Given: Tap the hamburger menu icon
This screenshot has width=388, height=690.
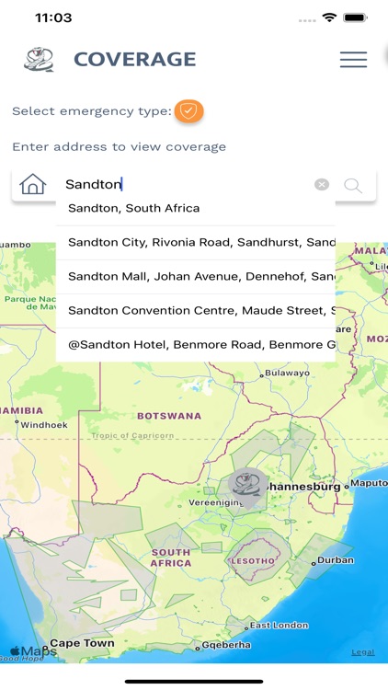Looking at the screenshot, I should [353, 60].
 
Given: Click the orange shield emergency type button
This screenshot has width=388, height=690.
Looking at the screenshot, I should [188, 111].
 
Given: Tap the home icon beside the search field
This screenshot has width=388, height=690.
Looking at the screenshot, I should [33, 185].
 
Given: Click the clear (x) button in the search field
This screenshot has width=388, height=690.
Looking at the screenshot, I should [321, 185].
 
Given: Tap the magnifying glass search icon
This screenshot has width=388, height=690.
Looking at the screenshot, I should [353, 186].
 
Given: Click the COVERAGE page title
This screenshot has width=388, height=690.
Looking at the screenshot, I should [134, 60].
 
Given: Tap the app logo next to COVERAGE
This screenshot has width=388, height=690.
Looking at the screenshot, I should [39, 60].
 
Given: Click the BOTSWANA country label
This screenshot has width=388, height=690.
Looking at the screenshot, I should [170, 416].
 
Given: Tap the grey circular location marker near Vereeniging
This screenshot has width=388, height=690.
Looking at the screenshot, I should [247, 485].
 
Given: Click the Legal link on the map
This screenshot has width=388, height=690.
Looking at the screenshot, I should [362, 652].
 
